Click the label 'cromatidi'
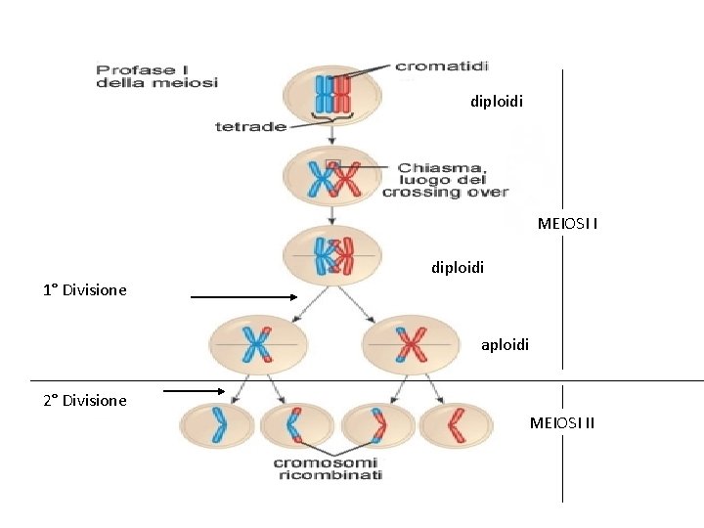click(x=441, y=66)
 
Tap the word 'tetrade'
click(x=250, y=126)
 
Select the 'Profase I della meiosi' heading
click(x=155, y=76)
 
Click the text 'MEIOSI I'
click(x=568, y=224)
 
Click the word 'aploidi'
click(x=505, y=344)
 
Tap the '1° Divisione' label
click(x=85, y=290)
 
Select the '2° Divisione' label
click(x=85, y=400)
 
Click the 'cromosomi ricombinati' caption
click(x=327, y=468)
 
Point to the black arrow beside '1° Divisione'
click(x=243, y=297)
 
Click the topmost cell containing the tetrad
click(x=331, y=96)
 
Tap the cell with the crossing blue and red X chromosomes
click(x=331, y=177)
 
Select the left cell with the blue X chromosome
click(x=258, y=345)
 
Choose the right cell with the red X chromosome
click(x=410, y=345)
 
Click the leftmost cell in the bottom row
click(x=217, y=426)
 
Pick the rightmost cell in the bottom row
click(x=456, y=426)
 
